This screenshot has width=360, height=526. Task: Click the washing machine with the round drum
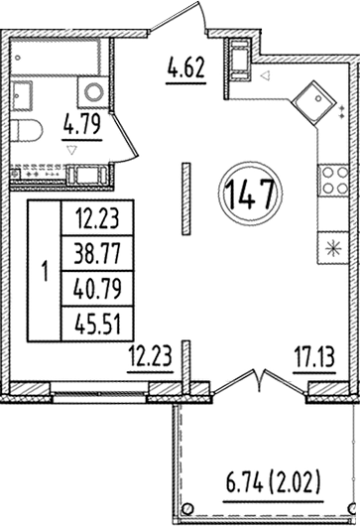click(95, 92)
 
